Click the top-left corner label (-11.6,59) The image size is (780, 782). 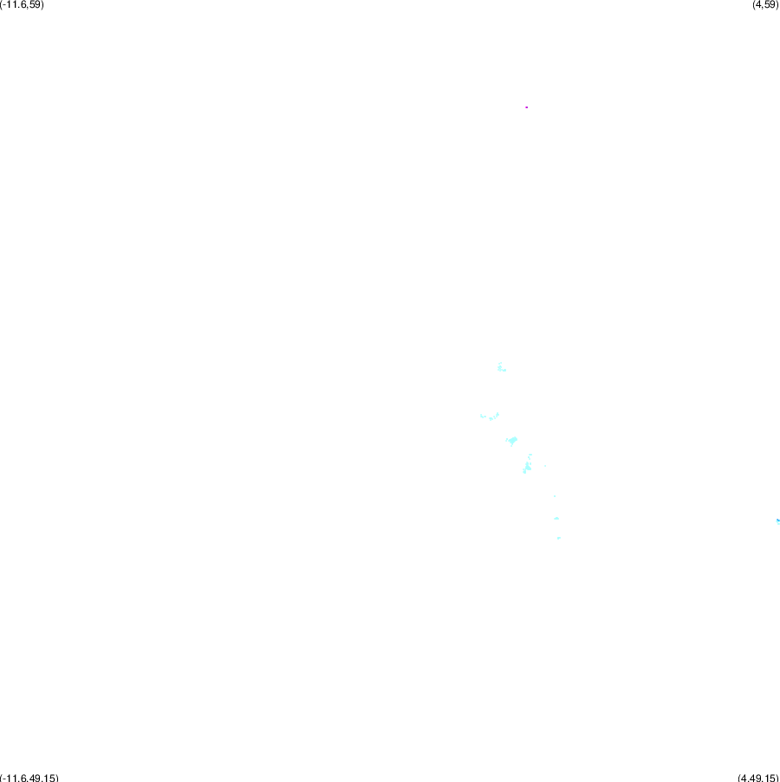tap(22, 4)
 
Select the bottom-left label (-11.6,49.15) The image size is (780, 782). tap(29, 778)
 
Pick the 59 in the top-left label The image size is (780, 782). tap(36, 4)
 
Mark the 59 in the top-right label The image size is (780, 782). tap(770, 4)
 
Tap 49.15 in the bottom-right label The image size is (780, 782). tap(763, 778)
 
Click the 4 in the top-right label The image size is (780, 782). tap(759, 4)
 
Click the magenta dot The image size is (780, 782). tap(526, 107)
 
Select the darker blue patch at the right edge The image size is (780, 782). tap(778, 521)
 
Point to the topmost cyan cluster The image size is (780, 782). tap(502, 367)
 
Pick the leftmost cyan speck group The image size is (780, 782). tap(490, 417)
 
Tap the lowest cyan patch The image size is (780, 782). tap(558, 538)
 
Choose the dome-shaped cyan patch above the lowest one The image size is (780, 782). tap(556, 519)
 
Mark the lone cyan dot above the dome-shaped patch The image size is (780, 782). tap(555, 496)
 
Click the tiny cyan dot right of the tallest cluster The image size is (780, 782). tap(545, 466)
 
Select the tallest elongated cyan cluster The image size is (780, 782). tap(527, 465)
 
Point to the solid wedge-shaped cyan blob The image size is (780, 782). tap(512, 441)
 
